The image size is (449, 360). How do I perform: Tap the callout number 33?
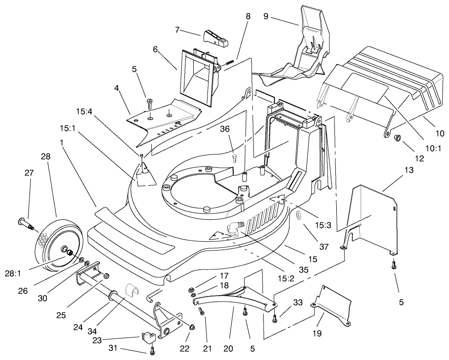click(x=298, y=303)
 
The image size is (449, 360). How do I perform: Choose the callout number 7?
click(x=177, y=29)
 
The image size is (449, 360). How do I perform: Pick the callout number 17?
click(x=224, y=276)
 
